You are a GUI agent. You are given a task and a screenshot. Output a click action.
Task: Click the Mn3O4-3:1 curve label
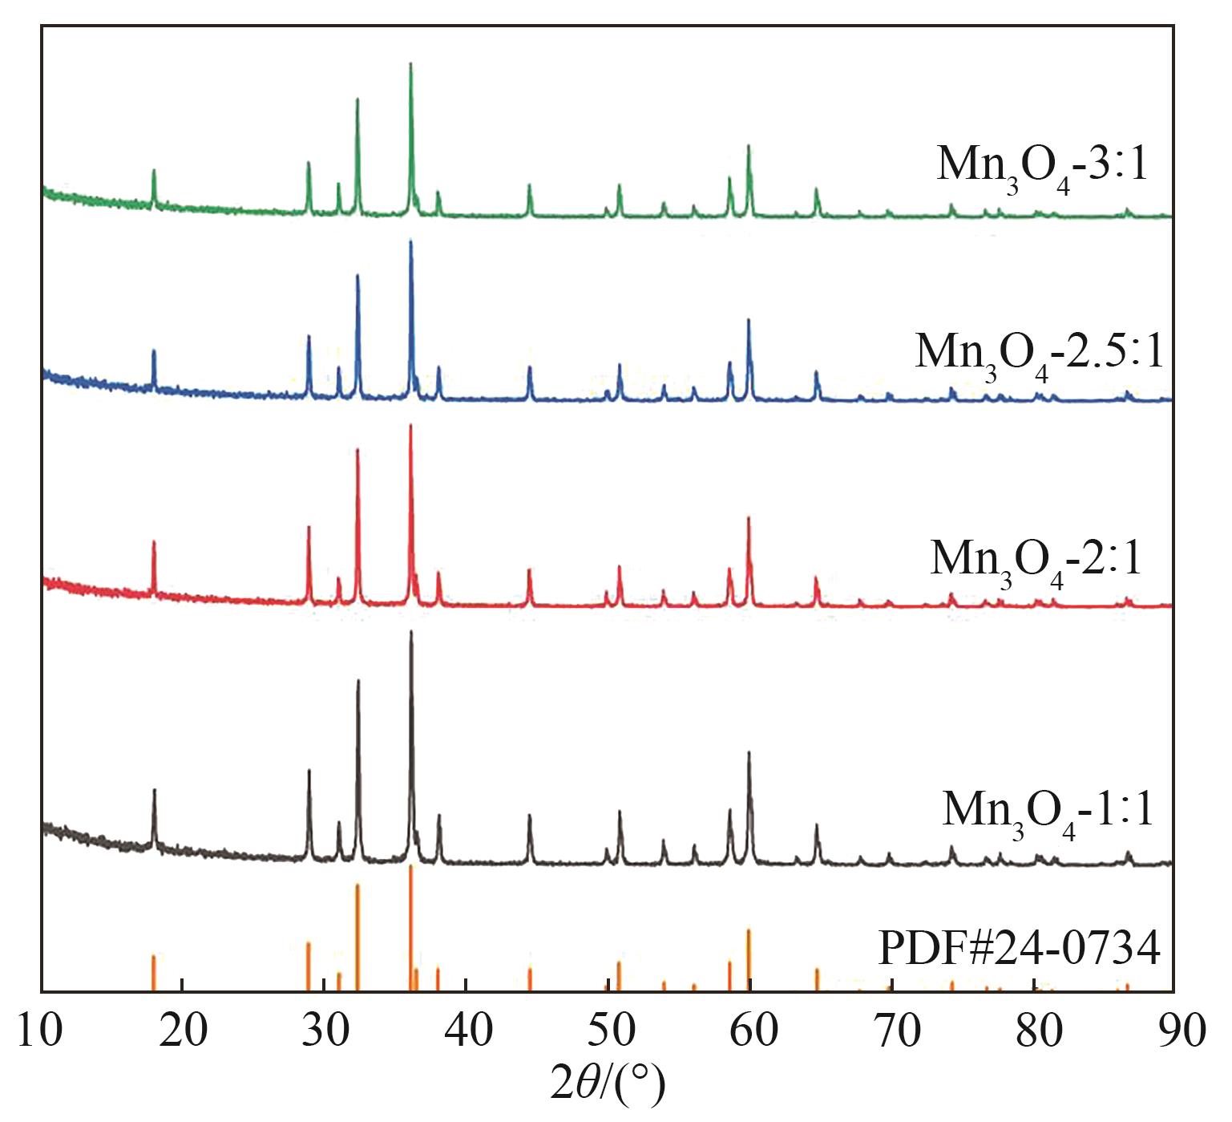tap(1042, 167)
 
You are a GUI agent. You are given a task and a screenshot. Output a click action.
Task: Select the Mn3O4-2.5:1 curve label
tap(1039, 353)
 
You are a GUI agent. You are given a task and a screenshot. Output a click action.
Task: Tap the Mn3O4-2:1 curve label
tap(1036, 559)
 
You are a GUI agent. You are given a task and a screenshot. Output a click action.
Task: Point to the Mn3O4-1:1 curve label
tap(1048, 810)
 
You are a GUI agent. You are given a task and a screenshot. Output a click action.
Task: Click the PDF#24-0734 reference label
tap(1020, 950)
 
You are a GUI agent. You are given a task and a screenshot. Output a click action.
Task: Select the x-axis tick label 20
tap(183, 1030)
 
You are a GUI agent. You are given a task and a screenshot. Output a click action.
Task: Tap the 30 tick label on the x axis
tap(325, 1030)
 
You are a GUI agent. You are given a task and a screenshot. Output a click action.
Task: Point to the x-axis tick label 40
tap(467, 1030)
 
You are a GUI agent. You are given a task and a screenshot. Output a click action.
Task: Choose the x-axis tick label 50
tap(609, 1030)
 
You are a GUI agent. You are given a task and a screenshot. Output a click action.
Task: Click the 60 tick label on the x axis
tap(751, 1030)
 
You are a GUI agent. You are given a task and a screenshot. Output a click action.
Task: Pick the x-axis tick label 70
tap(893, 1030)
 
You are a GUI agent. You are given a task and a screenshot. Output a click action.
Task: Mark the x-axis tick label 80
tap(1035, 1030)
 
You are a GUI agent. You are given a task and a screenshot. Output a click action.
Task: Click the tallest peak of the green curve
tap(410, 64)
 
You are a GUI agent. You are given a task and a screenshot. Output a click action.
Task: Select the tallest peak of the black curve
tap(411, 633)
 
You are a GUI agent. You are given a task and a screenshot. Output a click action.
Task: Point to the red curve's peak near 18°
tap(154, 543)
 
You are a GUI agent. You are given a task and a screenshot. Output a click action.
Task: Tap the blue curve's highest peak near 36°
tap(410, 241)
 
